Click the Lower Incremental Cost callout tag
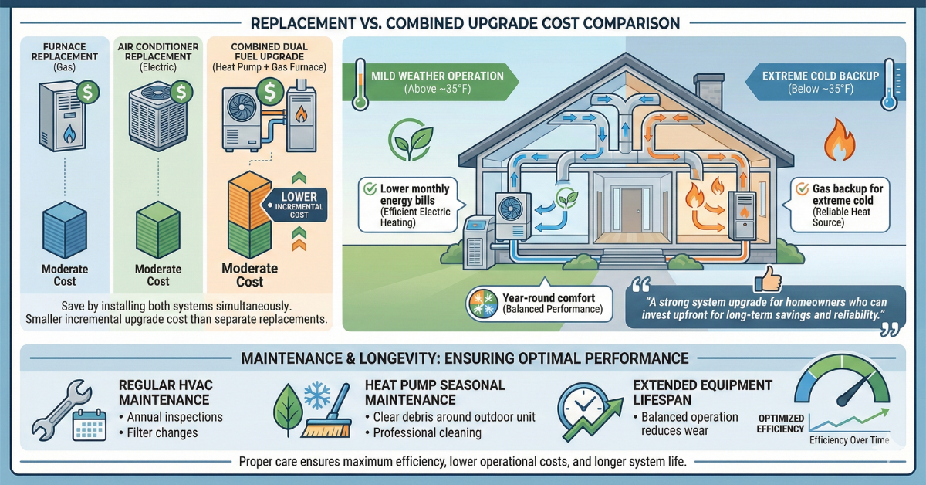click(x=298, y=205)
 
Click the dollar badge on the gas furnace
click(x=86, y=92)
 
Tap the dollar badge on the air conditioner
click(x=183, y=93)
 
